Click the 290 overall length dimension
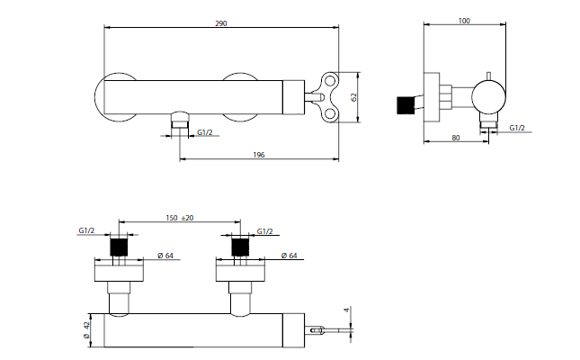(222, 22)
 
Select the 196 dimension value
(259, 156)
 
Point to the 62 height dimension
(356, 96)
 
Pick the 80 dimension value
(456, 138)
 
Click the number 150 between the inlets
(171, 218)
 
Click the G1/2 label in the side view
(517, 128)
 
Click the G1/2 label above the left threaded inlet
(86, 231)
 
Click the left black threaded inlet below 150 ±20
(119, 247)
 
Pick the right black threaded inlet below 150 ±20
(240, 247)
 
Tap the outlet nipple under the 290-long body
(181, 120)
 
